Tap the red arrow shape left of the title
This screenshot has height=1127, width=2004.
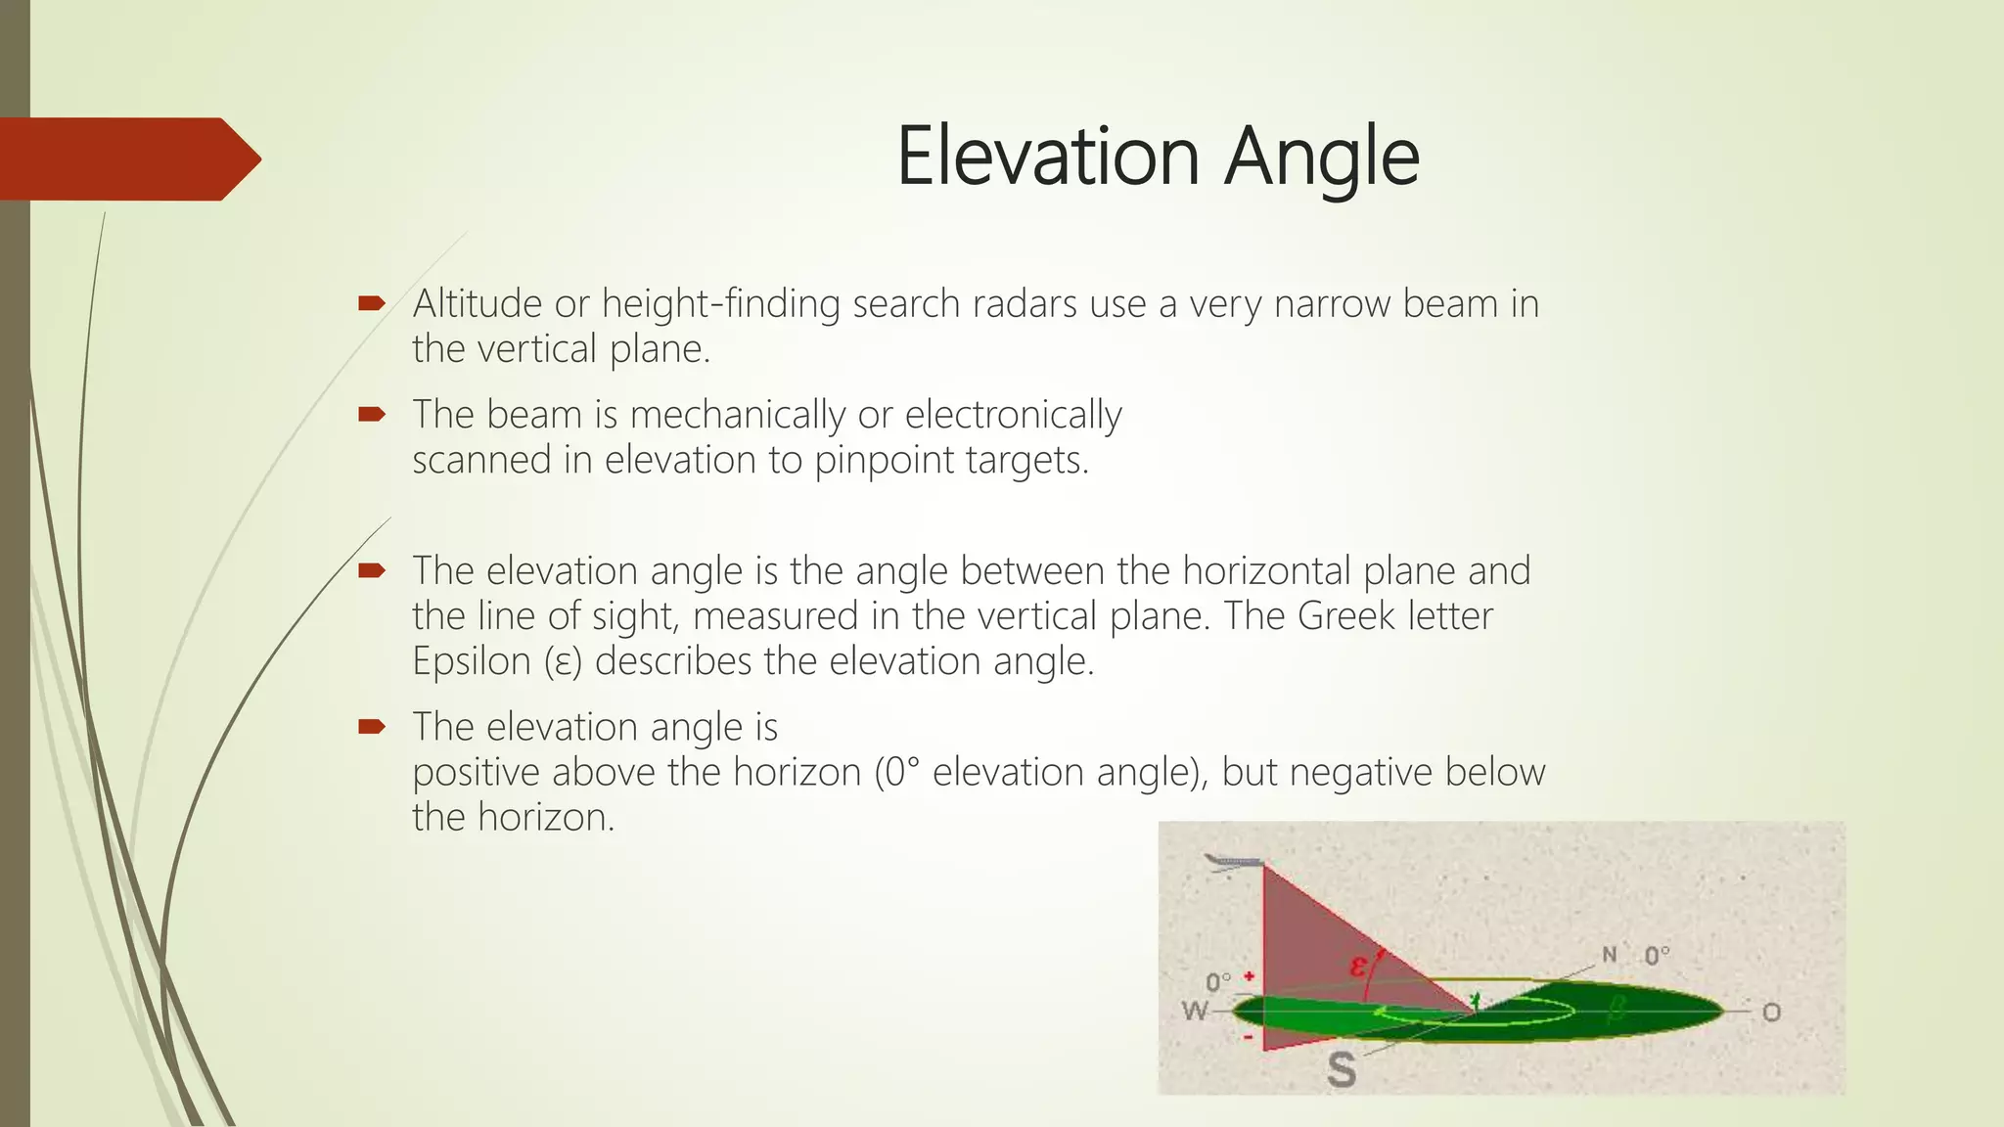click(x=127, y=159)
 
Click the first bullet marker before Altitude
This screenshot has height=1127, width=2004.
click(x=372, y=304)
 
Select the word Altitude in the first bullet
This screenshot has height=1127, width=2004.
click(x=478, y=304)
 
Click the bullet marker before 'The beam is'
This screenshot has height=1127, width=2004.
click(x=372, y=415)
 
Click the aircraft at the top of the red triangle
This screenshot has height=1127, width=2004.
click(x=1235, y=863)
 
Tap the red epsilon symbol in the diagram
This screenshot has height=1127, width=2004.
click(x=1358, y=967)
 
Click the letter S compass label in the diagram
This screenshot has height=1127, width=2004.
click(x=1342, y=1069)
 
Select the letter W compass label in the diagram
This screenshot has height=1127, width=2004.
click(x=1196, y=1011)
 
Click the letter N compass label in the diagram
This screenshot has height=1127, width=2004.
click(x=1610, y=954)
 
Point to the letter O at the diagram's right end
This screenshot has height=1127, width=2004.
click(x=1771, y=1013)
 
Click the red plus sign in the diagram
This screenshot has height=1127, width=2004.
click(x=1250, y=976)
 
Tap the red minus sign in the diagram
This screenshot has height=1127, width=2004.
click(x=1249, y=1036)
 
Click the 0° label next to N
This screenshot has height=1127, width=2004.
click(x=1657, y=955)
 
